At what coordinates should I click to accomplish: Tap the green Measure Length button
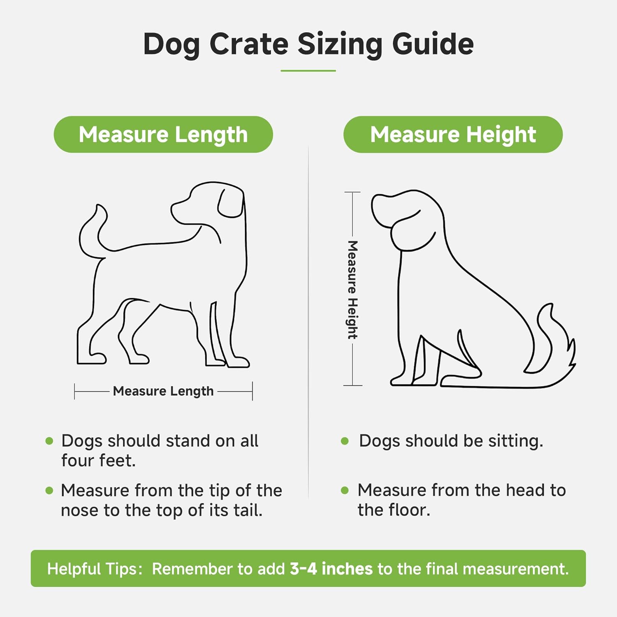(163, 135)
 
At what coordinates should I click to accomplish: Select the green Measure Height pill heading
(453, 135)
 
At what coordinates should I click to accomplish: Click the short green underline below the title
(308, 71)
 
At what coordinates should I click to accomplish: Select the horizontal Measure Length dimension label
(163, 391)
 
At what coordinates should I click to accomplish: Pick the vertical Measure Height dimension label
(353, 290)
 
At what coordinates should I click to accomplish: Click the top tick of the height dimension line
(352, 192)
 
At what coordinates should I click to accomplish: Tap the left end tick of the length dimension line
(74, 391)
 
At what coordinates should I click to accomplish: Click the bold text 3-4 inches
(331, 568)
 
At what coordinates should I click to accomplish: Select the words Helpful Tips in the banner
(94, 568)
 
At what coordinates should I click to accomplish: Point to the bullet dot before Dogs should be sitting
(345, 441)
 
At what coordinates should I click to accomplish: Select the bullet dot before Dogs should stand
(49, 441)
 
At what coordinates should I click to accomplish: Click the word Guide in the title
(433, 44)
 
